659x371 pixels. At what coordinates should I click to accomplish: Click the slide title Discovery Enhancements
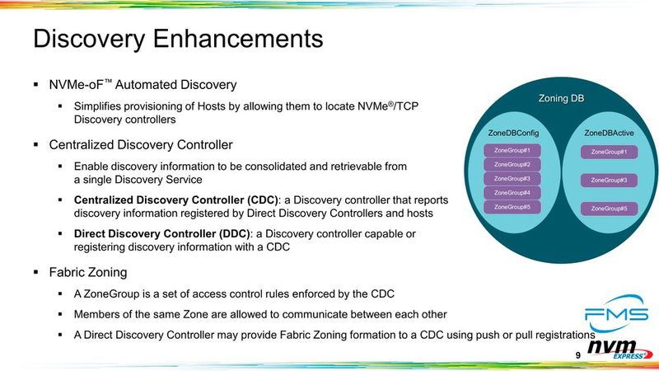tap(177, 39)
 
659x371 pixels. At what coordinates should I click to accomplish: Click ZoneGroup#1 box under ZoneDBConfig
tap(512, 151)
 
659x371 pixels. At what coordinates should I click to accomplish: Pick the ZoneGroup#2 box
tap(512, 165)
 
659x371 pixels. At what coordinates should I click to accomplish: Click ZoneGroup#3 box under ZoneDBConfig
tap(512, 179)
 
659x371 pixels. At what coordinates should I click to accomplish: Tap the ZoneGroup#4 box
tap(512, 193)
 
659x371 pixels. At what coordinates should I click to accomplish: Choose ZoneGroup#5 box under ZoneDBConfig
tap(512, 207)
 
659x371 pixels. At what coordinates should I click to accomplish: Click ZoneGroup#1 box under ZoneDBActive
tap(609, 152)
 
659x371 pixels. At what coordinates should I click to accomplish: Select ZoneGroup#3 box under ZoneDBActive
tap(609, 180)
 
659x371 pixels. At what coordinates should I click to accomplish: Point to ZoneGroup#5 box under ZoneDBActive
tap(609, 209)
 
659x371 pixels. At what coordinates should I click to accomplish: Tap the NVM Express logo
tap(622, 351)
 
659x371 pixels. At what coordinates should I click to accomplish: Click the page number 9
tap(577, 355)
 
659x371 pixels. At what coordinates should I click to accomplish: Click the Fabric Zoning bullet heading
tap(88, 271)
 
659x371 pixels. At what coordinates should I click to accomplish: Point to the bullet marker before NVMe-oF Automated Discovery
tap(36, 85)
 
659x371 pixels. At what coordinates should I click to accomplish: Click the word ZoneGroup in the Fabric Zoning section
tap(107, 294)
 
